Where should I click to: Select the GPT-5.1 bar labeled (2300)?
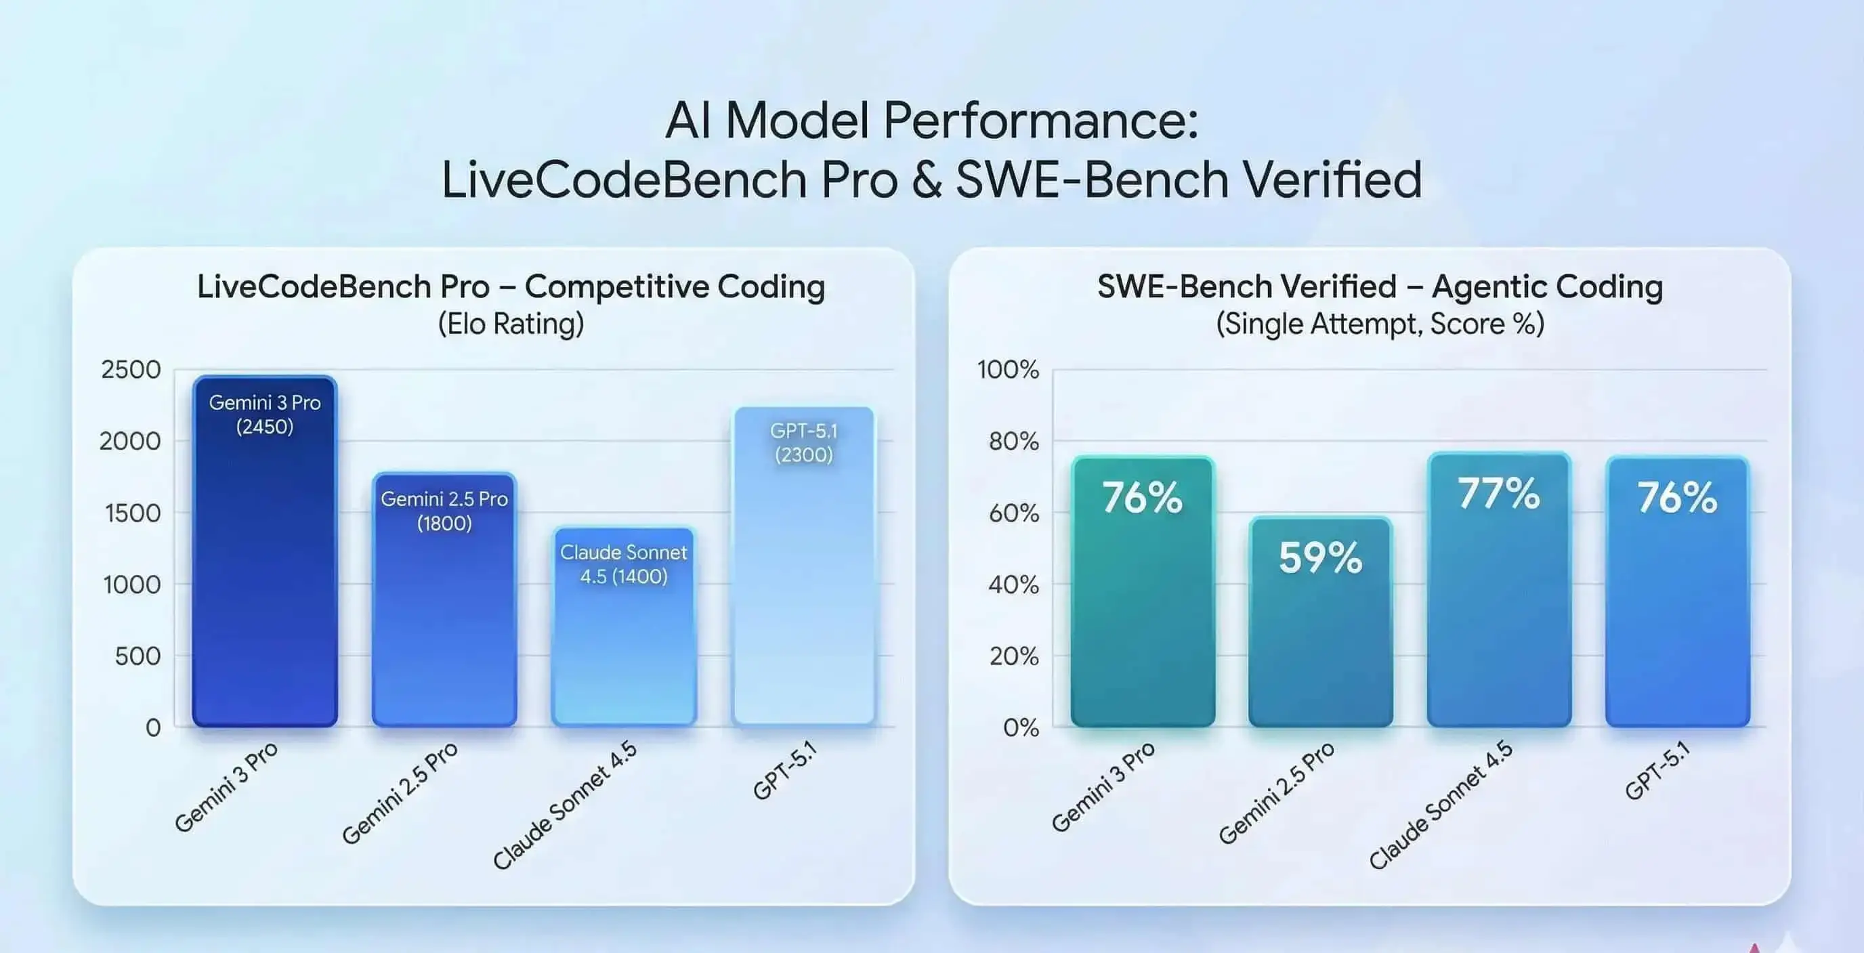click(804, 579)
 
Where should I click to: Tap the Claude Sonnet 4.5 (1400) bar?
click(624, 637)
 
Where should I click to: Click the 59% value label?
click(1321, 558)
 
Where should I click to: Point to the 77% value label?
click(1498, 494)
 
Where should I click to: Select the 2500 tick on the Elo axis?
click(131, 370)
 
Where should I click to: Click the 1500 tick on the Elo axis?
click(133, 513)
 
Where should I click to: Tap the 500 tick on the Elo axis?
click(137, 656)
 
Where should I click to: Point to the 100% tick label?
click(1008, 370)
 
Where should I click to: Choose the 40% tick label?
click(1014, 585)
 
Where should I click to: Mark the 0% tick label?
click(1021, 727)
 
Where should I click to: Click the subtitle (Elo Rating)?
click(511, 324)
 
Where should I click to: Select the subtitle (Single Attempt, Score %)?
click(1380, 324)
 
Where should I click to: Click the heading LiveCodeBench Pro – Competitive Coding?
click(511, 287)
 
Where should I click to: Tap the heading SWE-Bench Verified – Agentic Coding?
click(1380, 287)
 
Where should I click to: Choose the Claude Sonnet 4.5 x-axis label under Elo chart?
click(565, 805)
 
